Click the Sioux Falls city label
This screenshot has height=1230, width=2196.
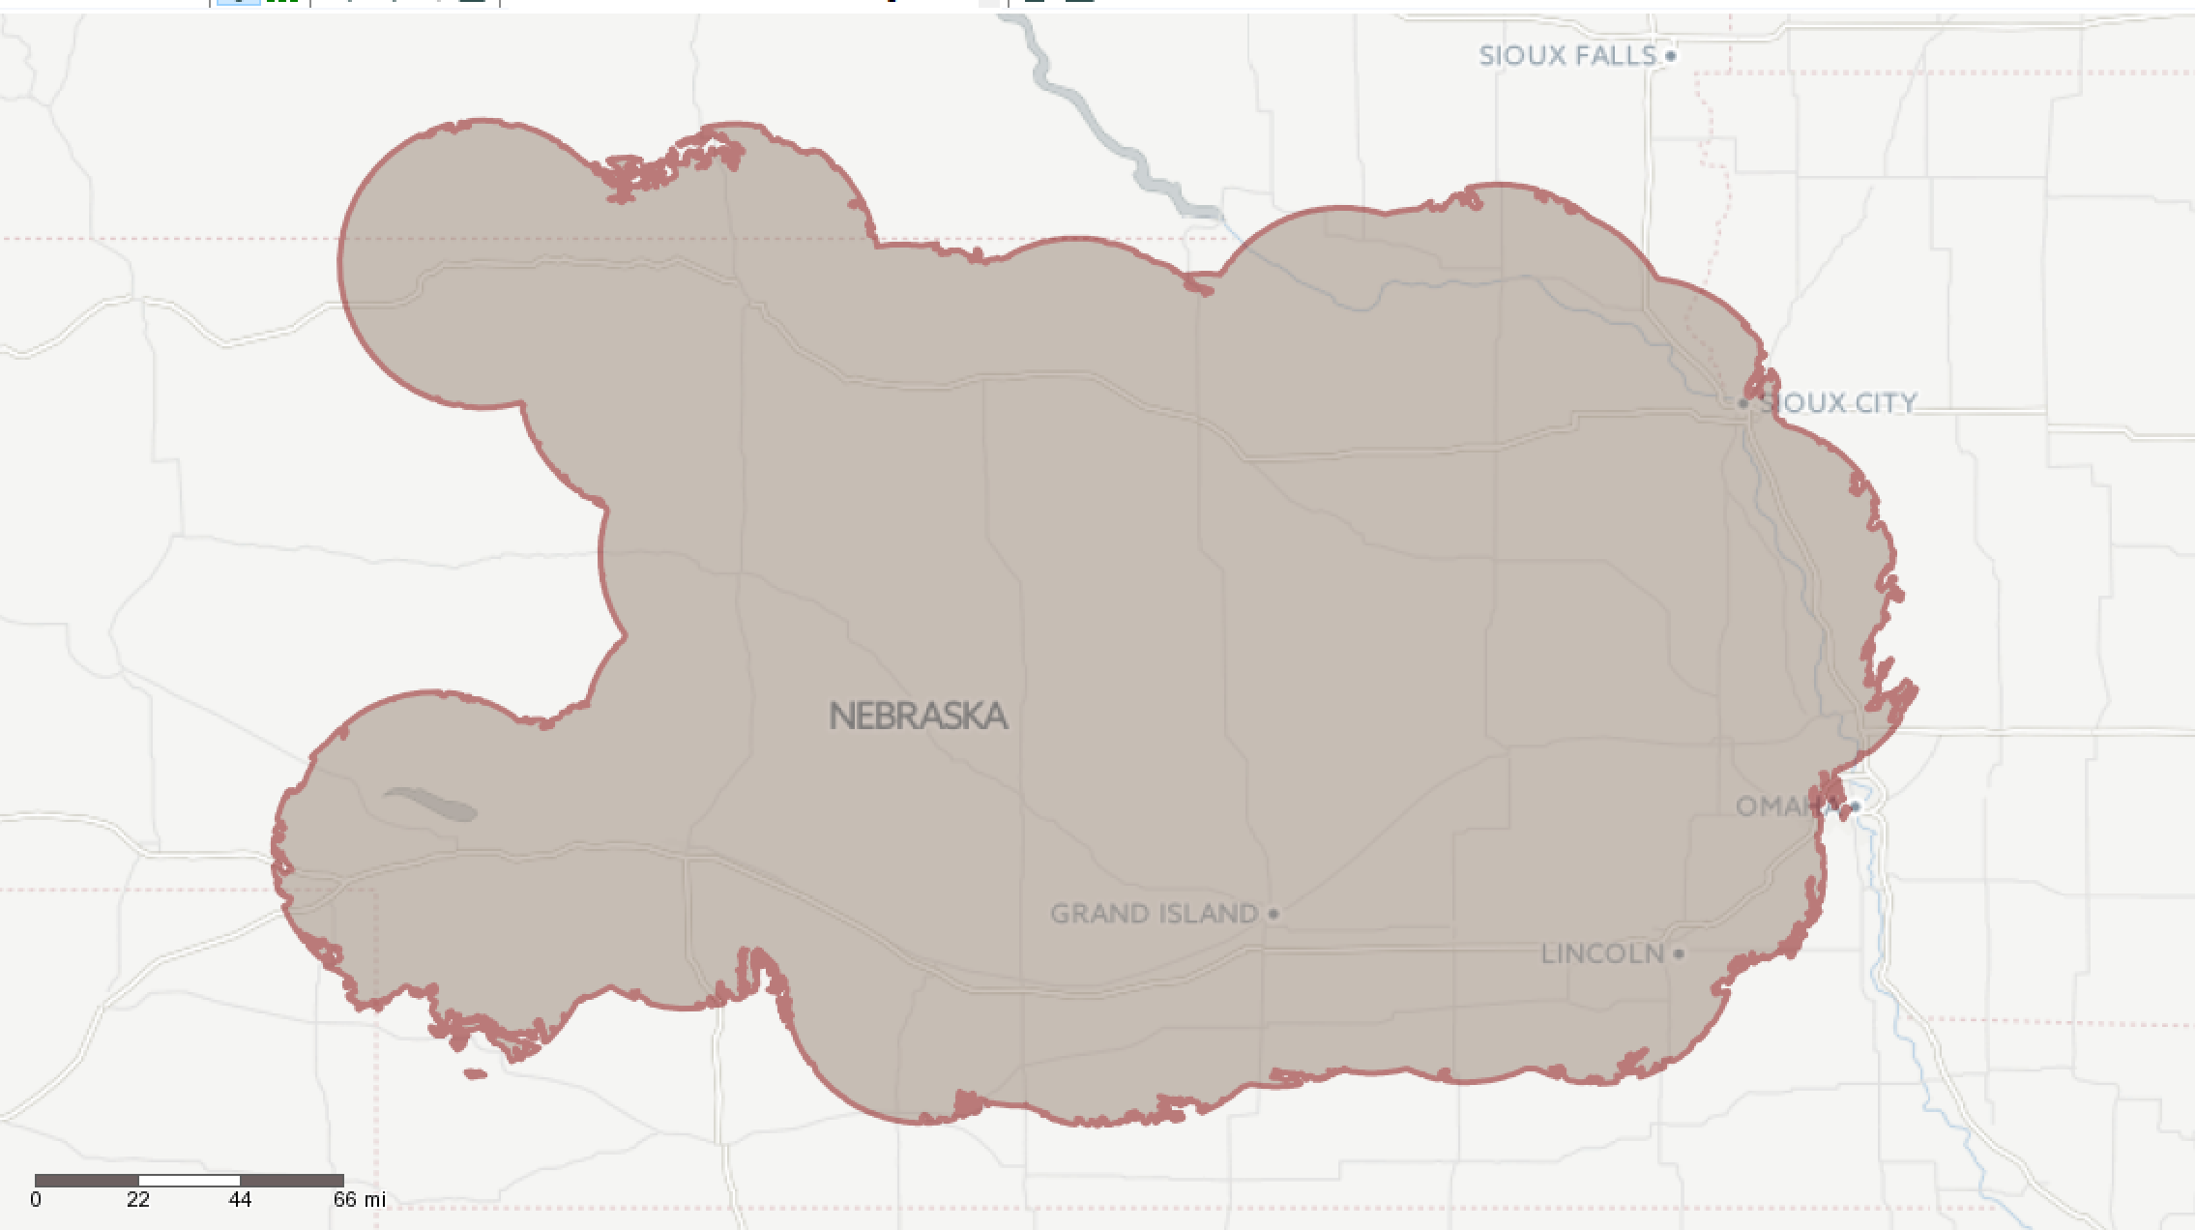click(1567, 56)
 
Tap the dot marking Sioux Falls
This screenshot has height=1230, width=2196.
click(1670, 56)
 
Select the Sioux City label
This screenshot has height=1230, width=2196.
click(1838, 403)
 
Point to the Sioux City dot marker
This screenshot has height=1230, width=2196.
click(1743, 403)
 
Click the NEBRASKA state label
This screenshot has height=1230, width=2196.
click(918, 717)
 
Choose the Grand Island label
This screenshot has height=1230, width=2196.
click(1154, 914)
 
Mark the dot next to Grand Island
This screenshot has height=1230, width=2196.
click(1274, 914)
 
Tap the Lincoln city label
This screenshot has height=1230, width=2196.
click(1601, 954)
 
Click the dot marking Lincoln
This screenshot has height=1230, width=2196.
click(1679, 954)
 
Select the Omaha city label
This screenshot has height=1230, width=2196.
click(1784, 806)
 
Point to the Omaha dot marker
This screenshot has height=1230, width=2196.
click(1855, 806)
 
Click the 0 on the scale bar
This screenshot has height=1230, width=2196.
click(36, 1200)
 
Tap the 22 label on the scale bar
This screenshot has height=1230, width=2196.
click(138, 1200)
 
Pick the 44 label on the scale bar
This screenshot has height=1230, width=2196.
click(240, 1200)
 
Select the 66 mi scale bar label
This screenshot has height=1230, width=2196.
click(359, 1200)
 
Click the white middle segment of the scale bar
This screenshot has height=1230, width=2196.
click(190, 1181)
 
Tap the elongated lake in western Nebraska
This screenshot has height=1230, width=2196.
click(431, 804)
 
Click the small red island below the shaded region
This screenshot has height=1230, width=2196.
click(475, 1073)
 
